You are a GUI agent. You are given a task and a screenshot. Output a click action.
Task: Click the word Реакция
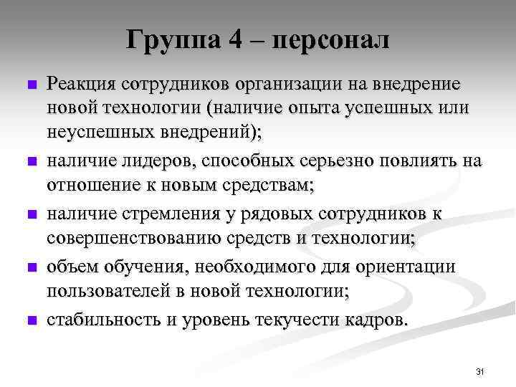coord(81,85)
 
